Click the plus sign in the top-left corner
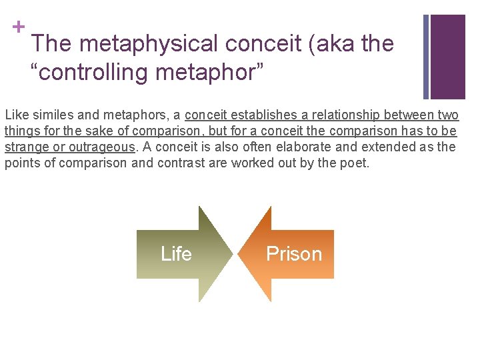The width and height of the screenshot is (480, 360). point(18,27)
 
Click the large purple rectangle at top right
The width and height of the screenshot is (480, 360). point(447,57)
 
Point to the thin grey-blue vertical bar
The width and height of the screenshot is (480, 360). point(426,57)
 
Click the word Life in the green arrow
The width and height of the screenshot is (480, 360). point(176,254)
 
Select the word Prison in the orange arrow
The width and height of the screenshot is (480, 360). point(293,254)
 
